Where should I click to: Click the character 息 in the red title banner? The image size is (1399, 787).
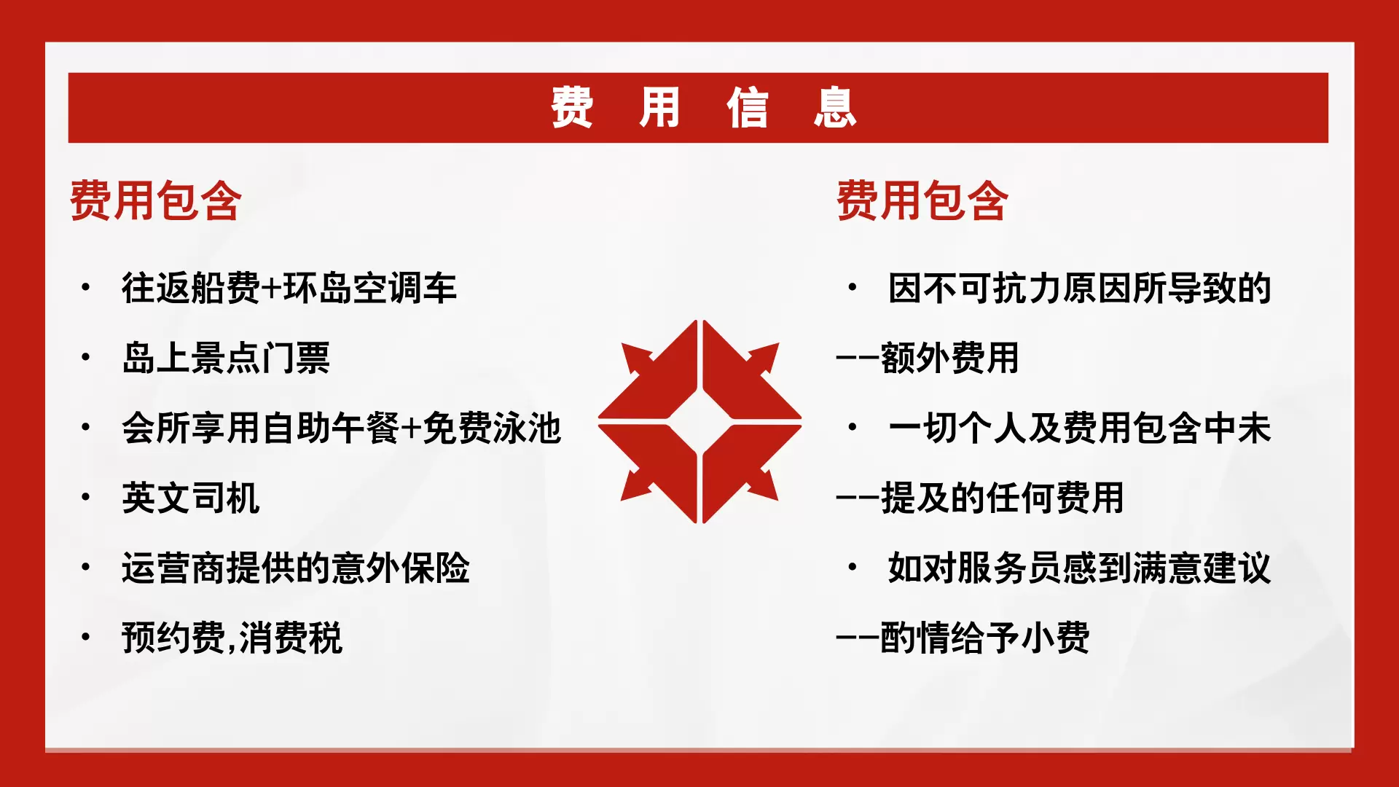tap(835, 108)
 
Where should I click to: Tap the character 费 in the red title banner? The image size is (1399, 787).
tap(572, 108)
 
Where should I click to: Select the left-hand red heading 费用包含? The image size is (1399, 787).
tap(155, 200)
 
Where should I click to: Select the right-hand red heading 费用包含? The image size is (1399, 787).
tap(922, 200)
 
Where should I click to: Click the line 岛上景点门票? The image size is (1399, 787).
tap(226, 358)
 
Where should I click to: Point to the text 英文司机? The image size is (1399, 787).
tap(191, 498)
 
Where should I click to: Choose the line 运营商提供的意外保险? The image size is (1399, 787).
tap(296, 568)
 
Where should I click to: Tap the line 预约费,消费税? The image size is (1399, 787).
tap(232, 638)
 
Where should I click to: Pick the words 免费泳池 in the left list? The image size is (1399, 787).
tap(492, 428)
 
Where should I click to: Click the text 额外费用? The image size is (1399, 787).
tap(950, 358)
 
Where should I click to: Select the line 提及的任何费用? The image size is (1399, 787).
tap(1003, 498)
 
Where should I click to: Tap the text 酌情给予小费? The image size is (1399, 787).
tap(985, 638)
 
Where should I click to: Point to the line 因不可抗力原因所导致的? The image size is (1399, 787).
tap(1080, 288)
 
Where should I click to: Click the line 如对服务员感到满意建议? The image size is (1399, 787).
tap(1080, 568)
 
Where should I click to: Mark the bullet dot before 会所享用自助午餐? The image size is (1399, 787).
tap(86, 427)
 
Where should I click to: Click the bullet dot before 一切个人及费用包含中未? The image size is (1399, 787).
tap(853, 427)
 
